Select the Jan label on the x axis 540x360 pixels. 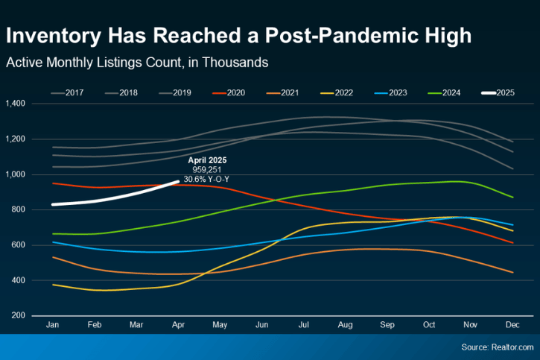53,326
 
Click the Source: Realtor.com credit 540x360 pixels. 498,347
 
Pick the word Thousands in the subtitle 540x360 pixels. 235,63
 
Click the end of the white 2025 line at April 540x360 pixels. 177,182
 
